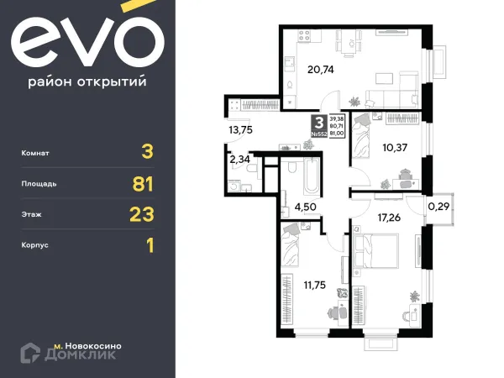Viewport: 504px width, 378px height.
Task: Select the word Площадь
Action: pyautogui.click(x=41, y=184)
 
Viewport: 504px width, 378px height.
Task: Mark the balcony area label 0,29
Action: pyautogui.click(x=438, y=204)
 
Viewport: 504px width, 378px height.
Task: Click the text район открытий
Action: pyautogui.click(x=87, y=81)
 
